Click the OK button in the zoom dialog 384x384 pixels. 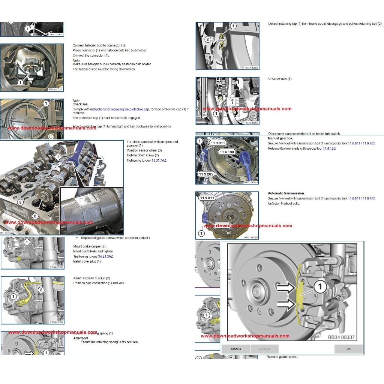click(348, 349)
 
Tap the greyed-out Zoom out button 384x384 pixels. click(264, 349)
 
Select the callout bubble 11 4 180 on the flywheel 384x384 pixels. click(226, 152)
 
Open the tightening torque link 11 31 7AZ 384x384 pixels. click(159, 160)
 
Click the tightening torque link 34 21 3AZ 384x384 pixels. click(105, 256)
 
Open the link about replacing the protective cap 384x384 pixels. click(120, 109)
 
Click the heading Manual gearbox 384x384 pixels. click(280, 138)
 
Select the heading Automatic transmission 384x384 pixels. click(286, 193)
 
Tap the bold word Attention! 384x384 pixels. click(81, 338)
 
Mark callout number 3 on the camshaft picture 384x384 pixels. click(21, 202)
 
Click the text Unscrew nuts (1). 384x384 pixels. click(280, 79)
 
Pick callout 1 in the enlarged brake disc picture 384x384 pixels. click(320, 287)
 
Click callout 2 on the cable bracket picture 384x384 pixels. click(41, 290)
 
